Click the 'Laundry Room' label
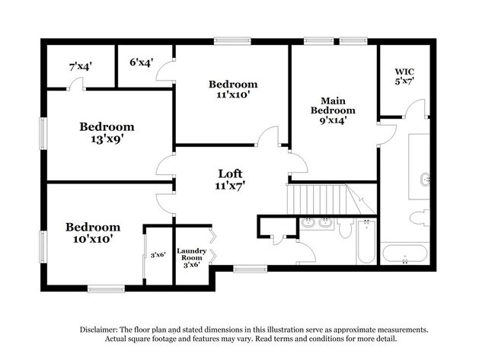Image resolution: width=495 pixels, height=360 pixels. tap(192, 255)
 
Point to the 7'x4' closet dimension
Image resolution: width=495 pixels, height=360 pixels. tap(80, 67)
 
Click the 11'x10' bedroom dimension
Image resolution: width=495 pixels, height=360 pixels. tap(233, 96)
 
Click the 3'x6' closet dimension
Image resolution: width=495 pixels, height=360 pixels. tap(158, 255)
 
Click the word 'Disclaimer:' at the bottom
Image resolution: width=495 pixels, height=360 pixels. tap(101, 330)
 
